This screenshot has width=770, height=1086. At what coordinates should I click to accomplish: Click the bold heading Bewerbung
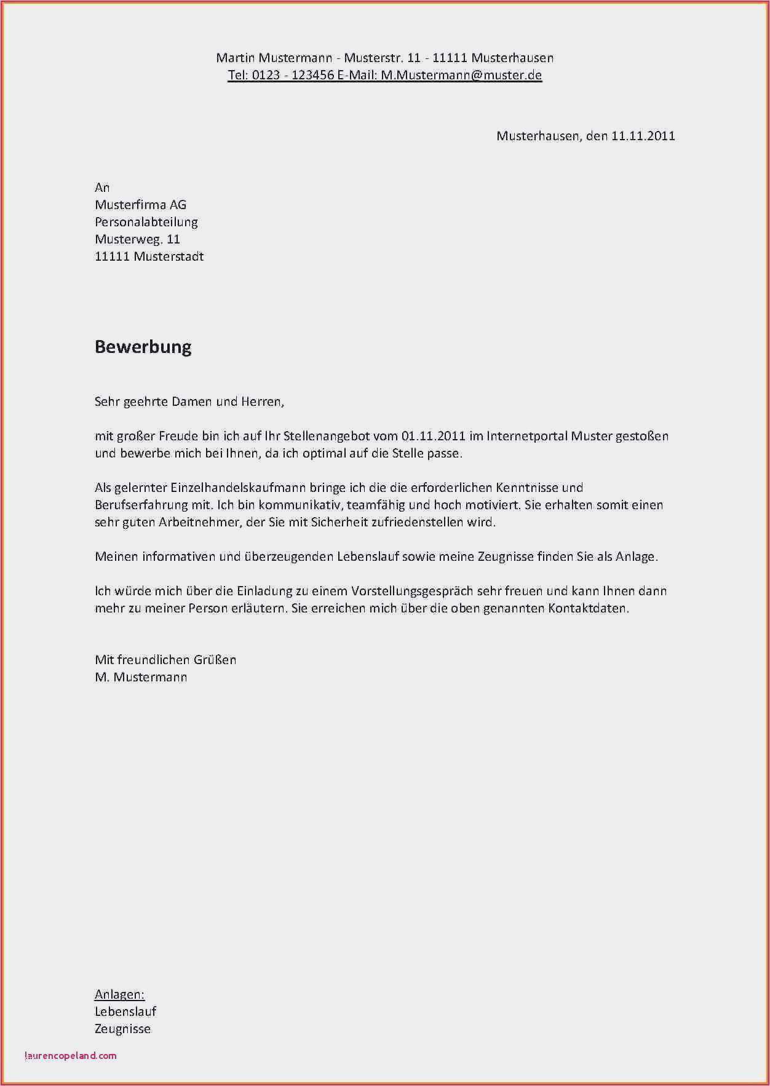(x=143, y=347)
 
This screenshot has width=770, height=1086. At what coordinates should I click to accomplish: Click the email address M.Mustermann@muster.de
(x=461, y=76)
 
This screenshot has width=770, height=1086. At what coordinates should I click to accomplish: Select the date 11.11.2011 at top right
(x=643, y=136)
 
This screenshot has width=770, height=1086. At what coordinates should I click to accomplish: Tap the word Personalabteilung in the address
(x=146, y=222)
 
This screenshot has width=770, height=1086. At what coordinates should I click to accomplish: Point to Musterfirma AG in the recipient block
(x=140, y=205)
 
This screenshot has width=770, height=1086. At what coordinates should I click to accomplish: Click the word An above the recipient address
(x=102, y=188)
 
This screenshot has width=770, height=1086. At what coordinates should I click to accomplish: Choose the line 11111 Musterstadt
(x=149, y=256)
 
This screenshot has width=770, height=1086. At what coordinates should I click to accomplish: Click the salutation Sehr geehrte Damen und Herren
(x=189, y=402)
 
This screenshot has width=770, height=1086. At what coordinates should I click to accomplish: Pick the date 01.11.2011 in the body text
(x=433, y=437)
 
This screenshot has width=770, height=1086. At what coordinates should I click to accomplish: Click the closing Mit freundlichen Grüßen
(x=165, y=660)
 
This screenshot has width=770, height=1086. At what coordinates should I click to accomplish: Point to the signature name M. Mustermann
(x=141, y=678)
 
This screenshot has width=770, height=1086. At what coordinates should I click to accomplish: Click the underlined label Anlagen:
(x=119, y=994)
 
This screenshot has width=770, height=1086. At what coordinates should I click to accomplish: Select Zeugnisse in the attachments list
(x=122, y=1029)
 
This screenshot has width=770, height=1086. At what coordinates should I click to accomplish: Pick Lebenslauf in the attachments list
(x=125, y=1012)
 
